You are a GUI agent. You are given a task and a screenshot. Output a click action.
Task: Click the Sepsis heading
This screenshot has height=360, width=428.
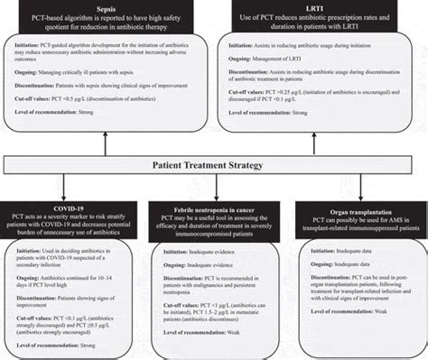(107, 6)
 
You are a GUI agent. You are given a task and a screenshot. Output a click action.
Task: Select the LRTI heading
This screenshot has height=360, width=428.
(322, 6)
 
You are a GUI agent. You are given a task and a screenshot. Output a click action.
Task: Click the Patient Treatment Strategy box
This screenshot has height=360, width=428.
(214, 166)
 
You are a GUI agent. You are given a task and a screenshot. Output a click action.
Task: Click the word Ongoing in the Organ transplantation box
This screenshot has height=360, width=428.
(319, 261)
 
